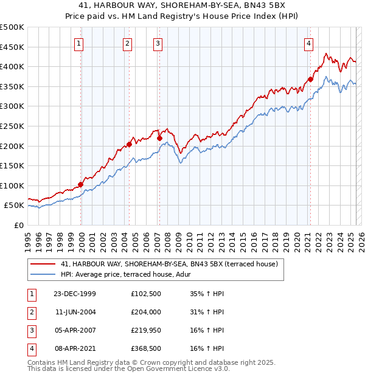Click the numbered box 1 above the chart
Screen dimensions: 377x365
80,43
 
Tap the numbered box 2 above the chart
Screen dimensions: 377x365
127,43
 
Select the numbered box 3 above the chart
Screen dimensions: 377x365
158,43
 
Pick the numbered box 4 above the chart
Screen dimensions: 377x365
309,43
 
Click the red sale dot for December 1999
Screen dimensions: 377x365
81,185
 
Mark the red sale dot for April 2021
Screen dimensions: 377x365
310,79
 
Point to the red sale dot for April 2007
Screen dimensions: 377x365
159,138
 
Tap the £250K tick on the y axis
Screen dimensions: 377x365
12,126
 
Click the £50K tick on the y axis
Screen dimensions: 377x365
14,206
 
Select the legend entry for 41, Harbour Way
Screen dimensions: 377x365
169,264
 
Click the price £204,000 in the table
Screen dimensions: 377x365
146,312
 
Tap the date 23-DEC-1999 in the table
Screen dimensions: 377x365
75,294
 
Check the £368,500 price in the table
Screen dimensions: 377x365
146,348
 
